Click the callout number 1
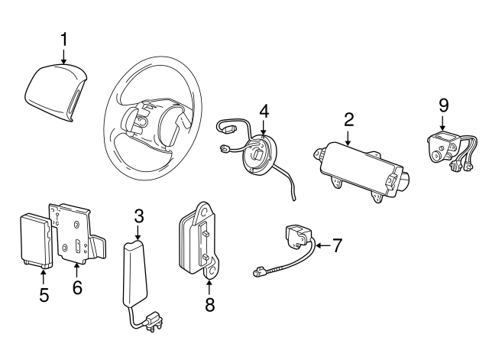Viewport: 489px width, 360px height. click(x=65, y=39)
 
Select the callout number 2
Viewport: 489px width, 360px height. click(x=348, y=119)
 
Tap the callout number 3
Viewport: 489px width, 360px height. click(x=138, y=216)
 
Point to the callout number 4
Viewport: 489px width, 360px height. click(x=264, y=112)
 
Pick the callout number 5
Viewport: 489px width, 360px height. click(x=44, y=294)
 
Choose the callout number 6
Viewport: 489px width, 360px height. click(x=77, y=287)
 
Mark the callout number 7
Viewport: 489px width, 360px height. click(x=337, y=245)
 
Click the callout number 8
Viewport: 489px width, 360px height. click(x=209, y=305)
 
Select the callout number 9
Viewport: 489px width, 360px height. click(x=443, y=105)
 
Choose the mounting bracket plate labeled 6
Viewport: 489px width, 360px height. click(x=76, y=234)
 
